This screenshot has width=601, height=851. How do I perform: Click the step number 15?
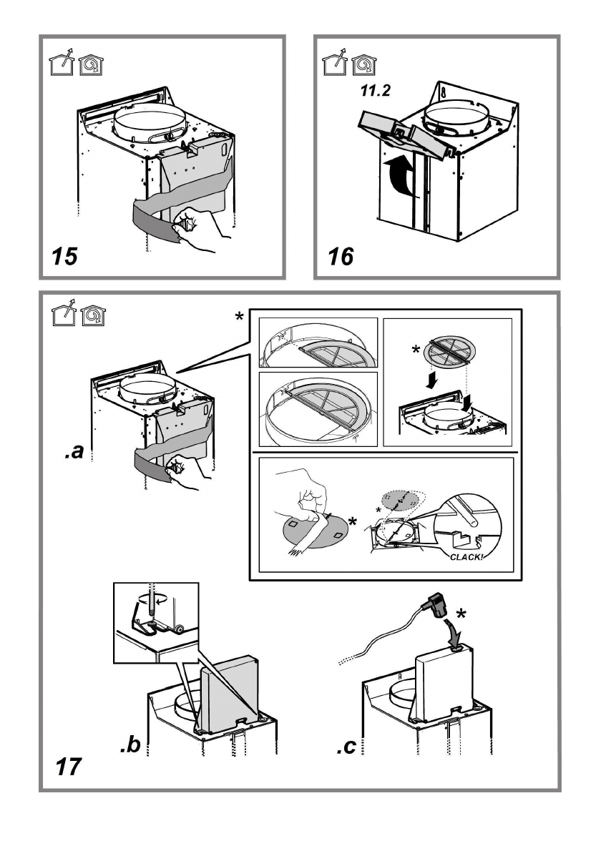coord(65,256)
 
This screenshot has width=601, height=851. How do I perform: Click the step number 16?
coord(341,256)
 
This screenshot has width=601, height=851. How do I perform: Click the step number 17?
coord(68,767)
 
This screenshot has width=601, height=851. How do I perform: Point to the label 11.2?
coord(375,91)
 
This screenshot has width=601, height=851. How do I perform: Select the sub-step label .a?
coord(74,451)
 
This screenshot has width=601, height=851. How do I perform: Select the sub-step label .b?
coord(130,744)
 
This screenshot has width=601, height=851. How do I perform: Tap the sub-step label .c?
coord(346,747)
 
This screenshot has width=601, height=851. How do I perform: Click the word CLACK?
coord(466,557)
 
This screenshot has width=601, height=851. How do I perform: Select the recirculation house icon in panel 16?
coord(363,65)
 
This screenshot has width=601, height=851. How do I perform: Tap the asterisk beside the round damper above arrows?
coord(416,350)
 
